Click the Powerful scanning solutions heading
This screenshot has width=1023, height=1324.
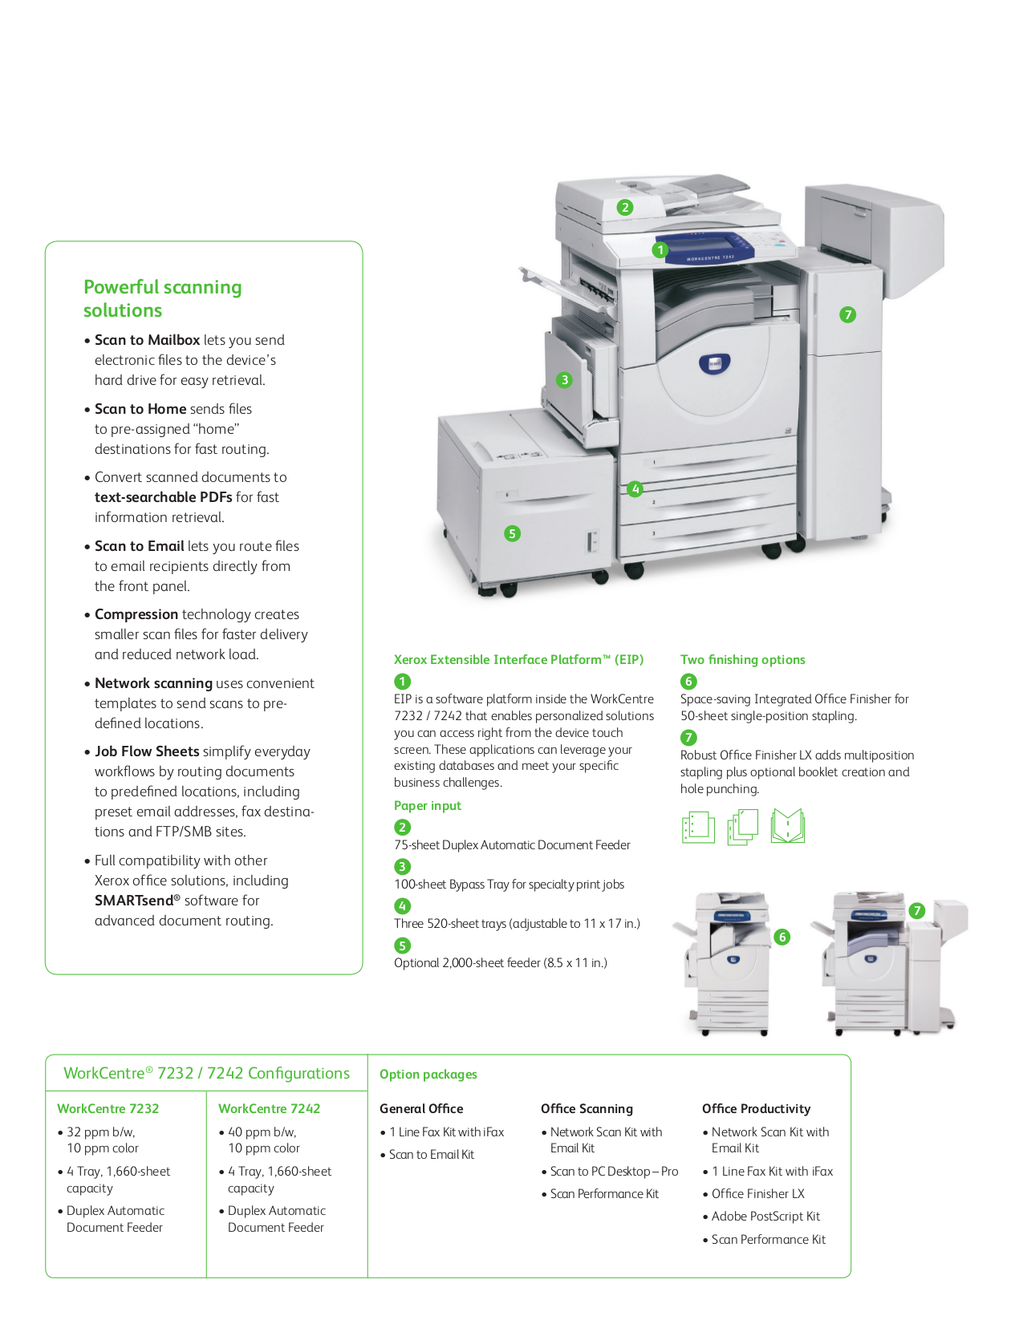(162, 298)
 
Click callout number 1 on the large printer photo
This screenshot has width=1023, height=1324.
(660, 250)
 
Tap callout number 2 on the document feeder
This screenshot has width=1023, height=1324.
(625, 208)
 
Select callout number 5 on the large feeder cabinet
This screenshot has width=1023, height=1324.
(512, 533)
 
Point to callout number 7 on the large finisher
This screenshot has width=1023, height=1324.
(847, 315)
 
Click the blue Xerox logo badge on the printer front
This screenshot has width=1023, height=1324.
(713, 363)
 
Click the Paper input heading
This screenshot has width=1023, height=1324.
(427, 806)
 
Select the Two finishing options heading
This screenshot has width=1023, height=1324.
(742, 660)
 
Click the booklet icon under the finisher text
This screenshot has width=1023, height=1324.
(787, 826)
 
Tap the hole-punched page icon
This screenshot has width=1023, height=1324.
(697, 827)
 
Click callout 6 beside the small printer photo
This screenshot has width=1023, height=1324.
(782, 937)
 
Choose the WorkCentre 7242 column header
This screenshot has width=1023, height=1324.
(269, 1109)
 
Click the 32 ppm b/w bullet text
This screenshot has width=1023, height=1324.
(101, 1132)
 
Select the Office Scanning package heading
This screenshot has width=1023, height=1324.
(587, 1109)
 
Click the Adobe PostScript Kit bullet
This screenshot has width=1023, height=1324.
(765, 1217)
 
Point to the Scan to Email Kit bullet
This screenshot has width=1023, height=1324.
(432, 1155)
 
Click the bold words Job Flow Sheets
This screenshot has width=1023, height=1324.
(147, 751)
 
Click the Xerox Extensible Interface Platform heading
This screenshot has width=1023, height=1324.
(518, 660)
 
